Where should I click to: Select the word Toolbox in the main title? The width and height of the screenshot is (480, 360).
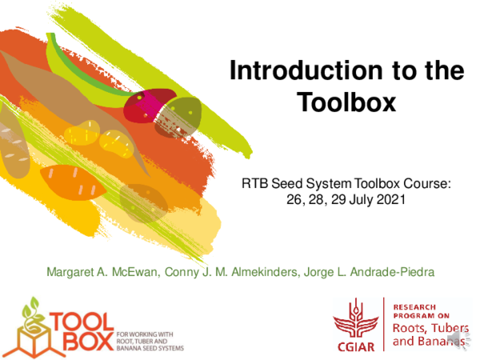pyautogui.click(x=346, y=103)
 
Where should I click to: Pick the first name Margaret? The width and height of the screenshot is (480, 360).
pyautogui.click(x=74, y=272)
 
